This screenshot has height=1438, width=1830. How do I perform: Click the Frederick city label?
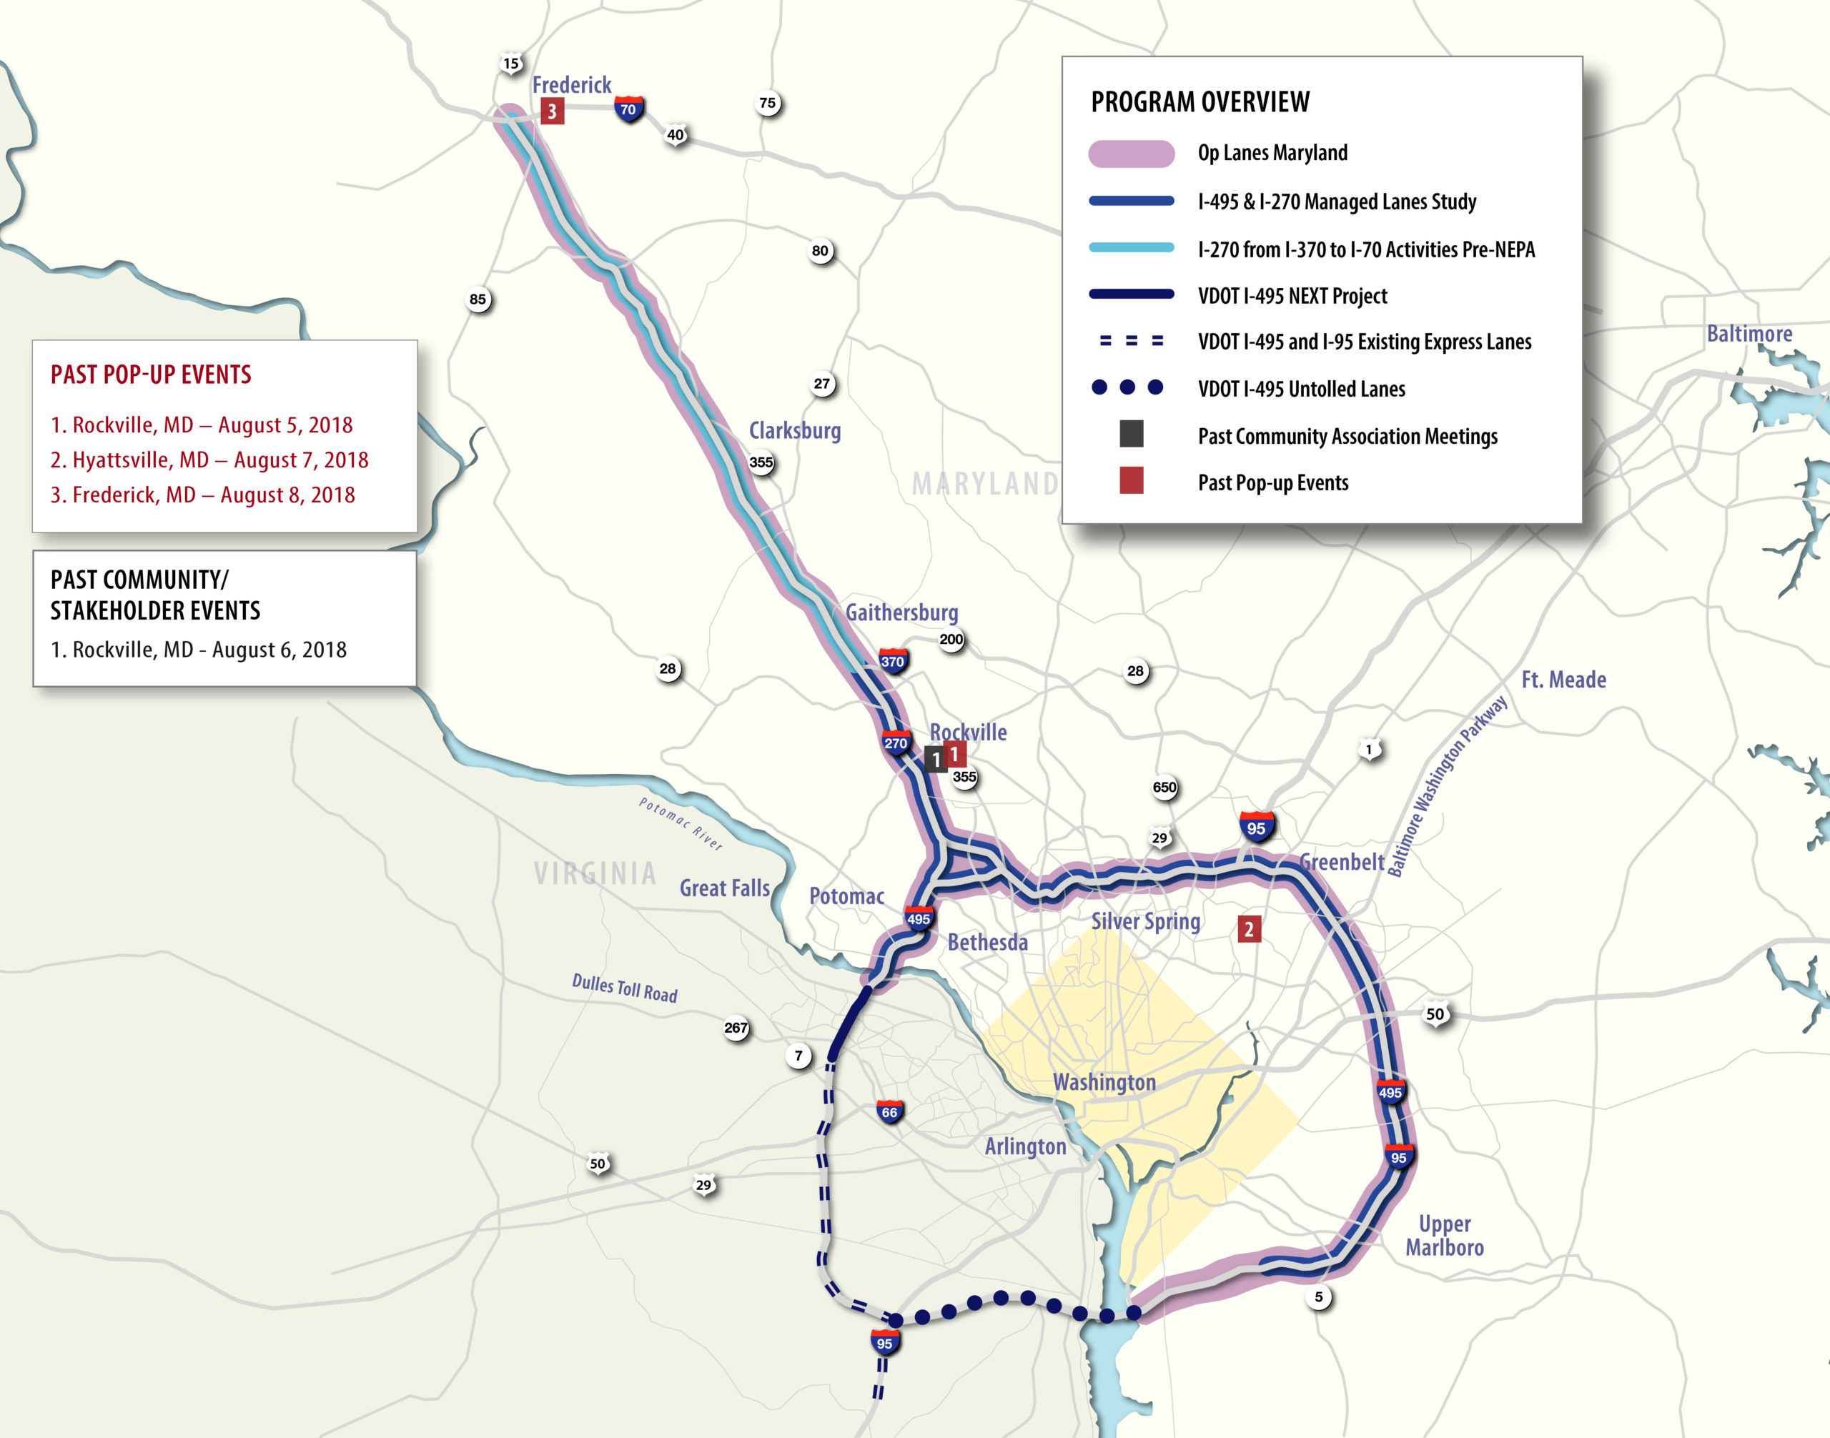(571, 85)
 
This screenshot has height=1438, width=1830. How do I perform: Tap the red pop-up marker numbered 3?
(552, 110)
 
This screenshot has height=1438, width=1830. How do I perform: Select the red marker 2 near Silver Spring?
(1248, 928)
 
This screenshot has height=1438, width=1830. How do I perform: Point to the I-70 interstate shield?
(628, 109)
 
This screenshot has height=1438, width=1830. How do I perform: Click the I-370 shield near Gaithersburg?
(892, 661)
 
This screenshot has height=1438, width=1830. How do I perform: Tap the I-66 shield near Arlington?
(889, 1112)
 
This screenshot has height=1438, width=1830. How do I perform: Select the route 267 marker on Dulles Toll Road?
(735, 1028)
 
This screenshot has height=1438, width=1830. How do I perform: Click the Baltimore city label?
(1749, 334)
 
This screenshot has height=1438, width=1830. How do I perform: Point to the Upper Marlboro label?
(1444, 1235)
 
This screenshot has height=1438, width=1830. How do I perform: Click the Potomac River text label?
(680, 823)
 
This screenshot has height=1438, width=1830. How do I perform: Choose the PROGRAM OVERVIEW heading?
(1200, 102)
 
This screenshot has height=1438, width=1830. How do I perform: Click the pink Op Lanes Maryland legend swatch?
(1131, 153)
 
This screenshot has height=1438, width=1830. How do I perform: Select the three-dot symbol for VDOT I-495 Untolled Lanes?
(1127, 387)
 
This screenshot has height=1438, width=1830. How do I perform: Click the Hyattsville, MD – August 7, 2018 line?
(209, 460)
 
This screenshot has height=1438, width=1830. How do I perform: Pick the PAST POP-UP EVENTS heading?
(151, 375)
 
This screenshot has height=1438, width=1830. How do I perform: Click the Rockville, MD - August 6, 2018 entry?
(198, 649)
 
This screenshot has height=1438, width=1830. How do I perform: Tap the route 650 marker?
(1164, 787)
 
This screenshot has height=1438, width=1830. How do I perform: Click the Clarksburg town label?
(794, 430)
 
